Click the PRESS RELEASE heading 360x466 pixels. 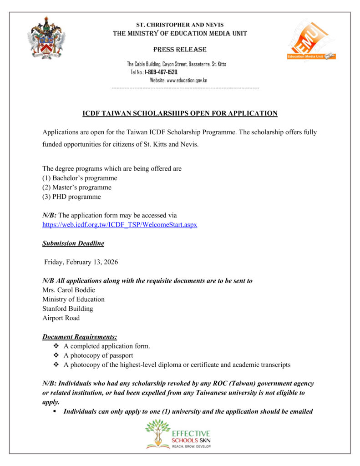pyautogui.click(x=180, y=49)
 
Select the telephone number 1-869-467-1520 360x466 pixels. pyautogui.click(x=161, y=72)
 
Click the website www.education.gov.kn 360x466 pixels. pyautogui.click(x=187, y=80)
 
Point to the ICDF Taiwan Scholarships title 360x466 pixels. pyautogui.click(x=180, y=113)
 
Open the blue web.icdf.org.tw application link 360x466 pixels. pyautogui.click(x=120, y=225)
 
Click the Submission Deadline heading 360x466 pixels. pyautogui.click(x=73, y=243)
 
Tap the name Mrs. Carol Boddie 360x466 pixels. pyautogui.click(x=69, y=290)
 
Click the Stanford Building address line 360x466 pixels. pyautogui.click(x=68, y=309)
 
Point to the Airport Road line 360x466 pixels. pyautogui.click(x=61, y=318)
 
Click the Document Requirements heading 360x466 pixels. pyautogui.click(x=80, y=337)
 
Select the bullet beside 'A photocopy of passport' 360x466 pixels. pyautogui.click(x=56, y=355)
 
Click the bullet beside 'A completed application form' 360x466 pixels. pyautogui.click(x=56, y=346)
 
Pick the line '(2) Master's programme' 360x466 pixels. pyautogui.click(x=77, y=187)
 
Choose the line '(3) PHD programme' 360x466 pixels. pyautogui.click(x=71, y=197)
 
